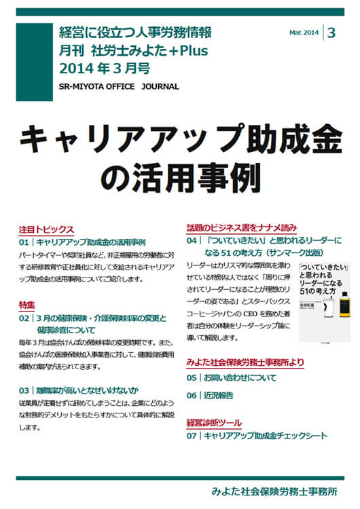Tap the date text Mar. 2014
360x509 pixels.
coord(304,32)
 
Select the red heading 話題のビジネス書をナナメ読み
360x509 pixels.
coord(241,227)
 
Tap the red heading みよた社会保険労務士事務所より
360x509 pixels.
coord(245,363)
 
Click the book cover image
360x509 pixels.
coord(323,298)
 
